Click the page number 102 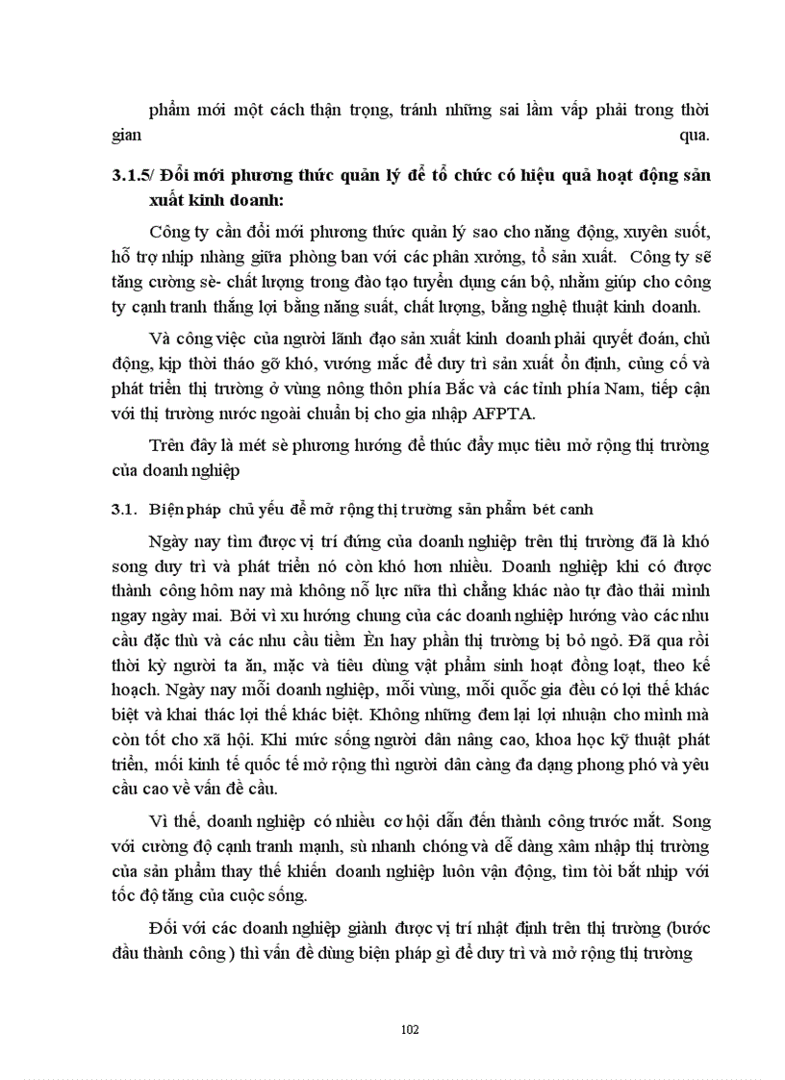(x=410, y=1029)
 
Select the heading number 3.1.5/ (x=133, y=175)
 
